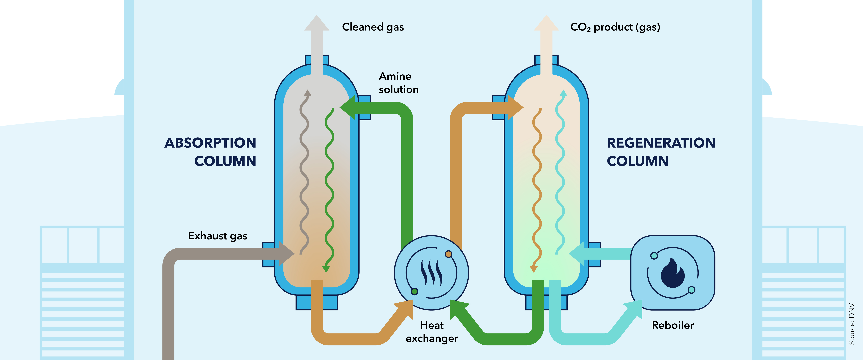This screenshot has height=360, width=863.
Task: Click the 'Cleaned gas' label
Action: [x=372, y=27]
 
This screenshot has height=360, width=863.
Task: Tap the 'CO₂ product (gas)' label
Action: [x=615, y=27]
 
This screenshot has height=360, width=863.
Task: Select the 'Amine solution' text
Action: [x=398, y=83]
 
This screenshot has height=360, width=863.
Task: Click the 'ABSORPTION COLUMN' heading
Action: [x=210, y=152]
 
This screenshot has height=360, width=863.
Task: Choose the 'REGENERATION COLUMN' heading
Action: [x=661, y=152]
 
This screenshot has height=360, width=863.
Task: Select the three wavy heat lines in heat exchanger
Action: [x=431, y=272]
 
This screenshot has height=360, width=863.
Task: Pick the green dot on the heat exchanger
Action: [x=414, y=291]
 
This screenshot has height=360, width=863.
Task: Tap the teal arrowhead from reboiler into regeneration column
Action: [x=578, y=254]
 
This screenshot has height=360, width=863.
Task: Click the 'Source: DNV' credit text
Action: [x=851, y=324]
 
